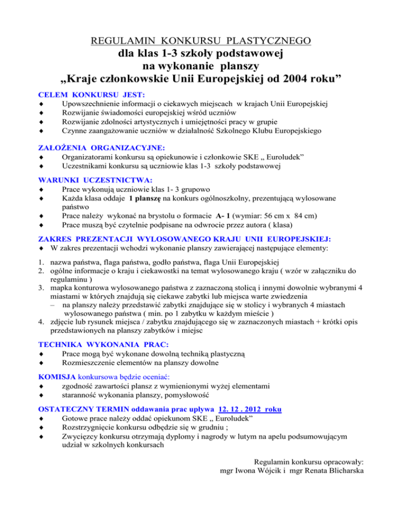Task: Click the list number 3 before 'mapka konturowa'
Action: [42, 290]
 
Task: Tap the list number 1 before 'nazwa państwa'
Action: [42, 262]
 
